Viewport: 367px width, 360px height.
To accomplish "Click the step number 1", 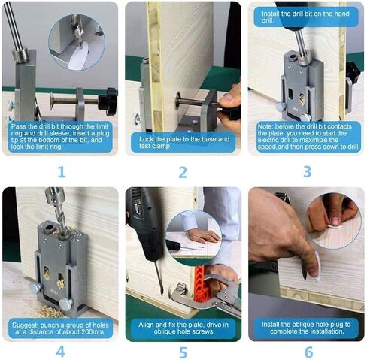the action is pyautogui.click(x=62, y=172).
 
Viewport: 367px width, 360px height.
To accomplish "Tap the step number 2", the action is pyautogui.click(x=183, y=172).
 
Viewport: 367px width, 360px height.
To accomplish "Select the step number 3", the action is pyautogui.click(x=307, y=172).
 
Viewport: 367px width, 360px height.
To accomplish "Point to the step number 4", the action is pyautogui.click(x=60, y=352).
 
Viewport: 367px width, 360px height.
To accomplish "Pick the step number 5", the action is pyautogui.click(x=183, y=352).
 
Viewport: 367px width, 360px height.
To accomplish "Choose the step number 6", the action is pyautogui.click(x=309, y=352).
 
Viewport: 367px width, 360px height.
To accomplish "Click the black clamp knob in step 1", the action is pyautogui.click(x=107, y=101).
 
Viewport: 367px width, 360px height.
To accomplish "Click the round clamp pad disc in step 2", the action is pyautogui.click(x=177, y=100).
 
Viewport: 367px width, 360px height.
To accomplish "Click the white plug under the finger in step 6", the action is pyautogui.click(x=317, y=267).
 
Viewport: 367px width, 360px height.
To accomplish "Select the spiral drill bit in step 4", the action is pyautogui.click(x=59, y=216).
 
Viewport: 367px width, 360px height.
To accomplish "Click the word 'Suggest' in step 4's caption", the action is pyautogui.click(x=23, y=325).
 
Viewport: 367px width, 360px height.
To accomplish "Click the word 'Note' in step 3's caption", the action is pyautogui.click(x=265, y=126).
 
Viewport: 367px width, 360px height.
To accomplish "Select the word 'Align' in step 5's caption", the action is pyautogui.click(x=146, y=325).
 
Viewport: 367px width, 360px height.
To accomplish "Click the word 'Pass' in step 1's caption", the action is pyautogui.click(x=17, y=126).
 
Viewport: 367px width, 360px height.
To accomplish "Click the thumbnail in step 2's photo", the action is pyautogui.click(x=226, y=98).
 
